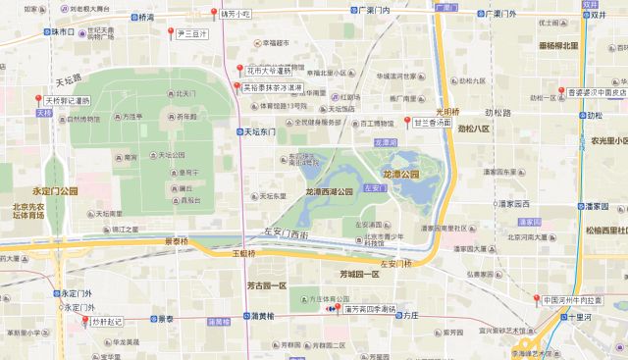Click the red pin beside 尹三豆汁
pyautogui.click(x=172, y=33)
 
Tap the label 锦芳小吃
pyautogui.click(x=236, y=15)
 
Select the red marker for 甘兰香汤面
pyautogui.click(x=407, y=122)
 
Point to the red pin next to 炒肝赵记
pyautogui.click(x=85, y=321)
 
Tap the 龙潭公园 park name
pyautogui.click(x=401, y=174)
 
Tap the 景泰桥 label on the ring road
pyautogui.click(x=176, y=239)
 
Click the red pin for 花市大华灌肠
pyautogui.click(x=238, y=70)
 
